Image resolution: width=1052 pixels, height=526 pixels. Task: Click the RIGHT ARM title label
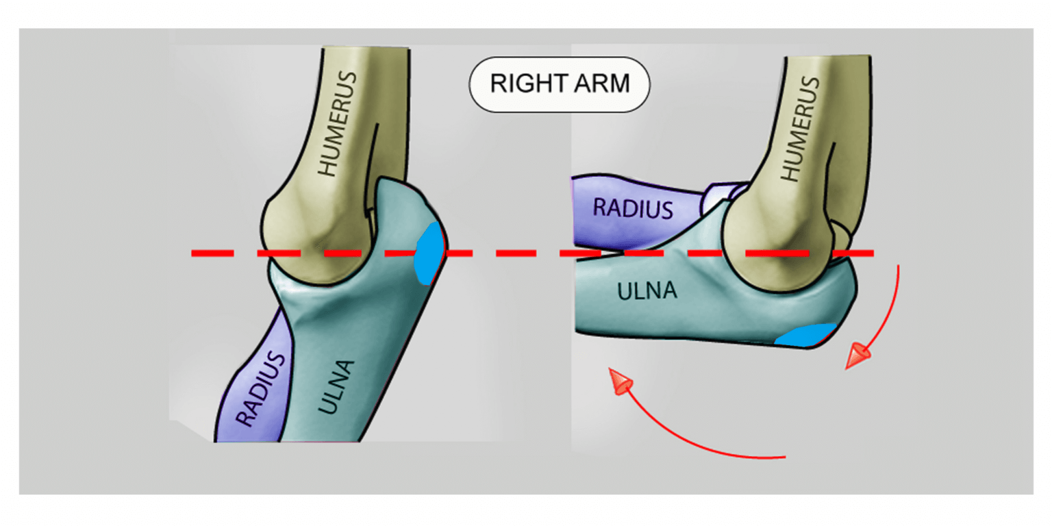click(x=559, y=84)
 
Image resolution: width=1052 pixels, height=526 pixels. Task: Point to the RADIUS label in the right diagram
click(x=633, y=207)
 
